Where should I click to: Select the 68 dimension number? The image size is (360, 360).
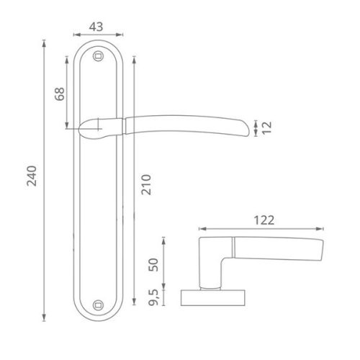click(60, 94)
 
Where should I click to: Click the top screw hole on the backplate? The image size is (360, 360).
click(99, 54)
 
